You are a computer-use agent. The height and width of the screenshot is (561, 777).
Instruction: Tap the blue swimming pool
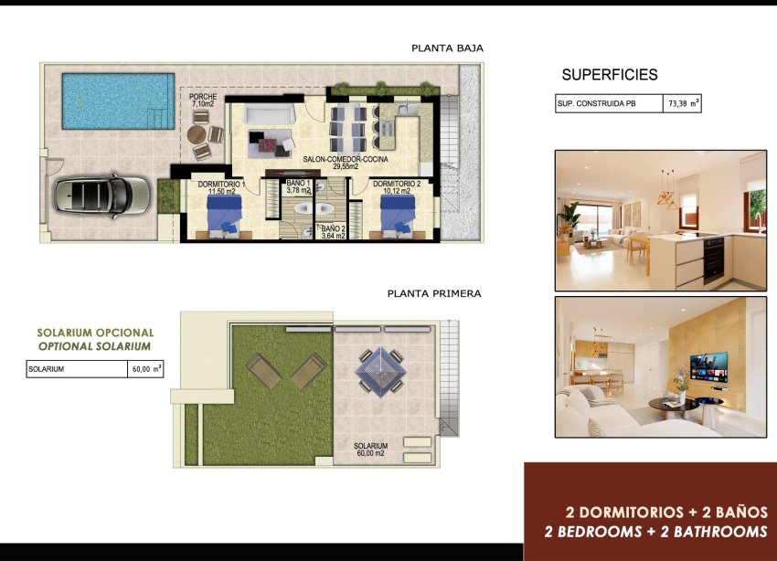pos(116,101)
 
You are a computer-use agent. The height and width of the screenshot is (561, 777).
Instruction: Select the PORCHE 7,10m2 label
pos(202,101)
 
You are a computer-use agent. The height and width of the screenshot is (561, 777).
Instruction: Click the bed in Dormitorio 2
pos(396,217)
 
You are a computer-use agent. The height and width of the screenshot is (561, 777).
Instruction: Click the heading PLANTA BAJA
pos(447,48)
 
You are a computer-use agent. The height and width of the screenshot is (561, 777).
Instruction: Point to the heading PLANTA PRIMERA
pos(434,294)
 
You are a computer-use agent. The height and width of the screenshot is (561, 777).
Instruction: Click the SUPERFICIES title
pos(610,75)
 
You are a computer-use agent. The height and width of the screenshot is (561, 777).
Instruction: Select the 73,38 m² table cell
pos(683,104)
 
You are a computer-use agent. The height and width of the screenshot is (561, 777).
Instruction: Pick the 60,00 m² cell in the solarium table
pos(145,369)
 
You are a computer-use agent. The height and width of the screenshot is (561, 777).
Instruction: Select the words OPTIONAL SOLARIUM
pos(95,347)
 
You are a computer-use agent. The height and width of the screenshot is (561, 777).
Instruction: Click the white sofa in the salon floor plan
pos(271,116)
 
